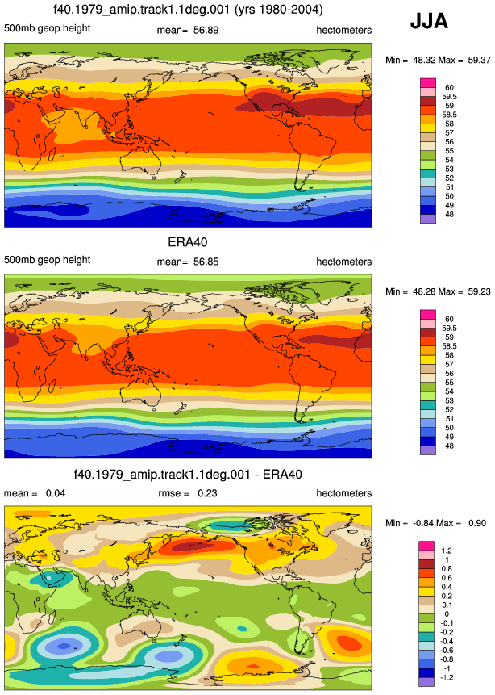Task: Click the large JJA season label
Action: click(x=429, y=21)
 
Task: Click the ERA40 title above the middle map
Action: click(x=188, y=242)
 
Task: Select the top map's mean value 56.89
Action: click(x=206, y=30)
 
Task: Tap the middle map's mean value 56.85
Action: click(x=206, y=262)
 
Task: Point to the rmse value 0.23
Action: click(x=207, y=493)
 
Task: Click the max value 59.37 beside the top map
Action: click(x=479, y=60)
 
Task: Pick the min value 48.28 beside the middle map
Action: click(x=424, y=291)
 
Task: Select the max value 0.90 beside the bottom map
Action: click(x=476, y=523)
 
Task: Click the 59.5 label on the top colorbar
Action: click(x=449, y=97)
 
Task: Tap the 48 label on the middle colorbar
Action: click(x=449, y=446)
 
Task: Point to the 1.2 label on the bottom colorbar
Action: click(x=447, y=551)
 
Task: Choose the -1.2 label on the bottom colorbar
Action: click(x=447, y=678)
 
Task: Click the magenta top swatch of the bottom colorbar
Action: click(x=427, y=546)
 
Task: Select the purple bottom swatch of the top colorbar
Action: click(x=428, y=219)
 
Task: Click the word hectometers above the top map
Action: click(x=344, y=30)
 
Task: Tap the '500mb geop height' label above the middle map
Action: click(x=48, y=260)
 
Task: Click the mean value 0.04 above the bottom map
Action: click(x=56, y=493)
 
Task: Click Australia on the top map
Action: click(x=143, y=162)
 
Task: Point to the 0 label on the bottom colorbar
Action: click(x=447, y=614)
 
